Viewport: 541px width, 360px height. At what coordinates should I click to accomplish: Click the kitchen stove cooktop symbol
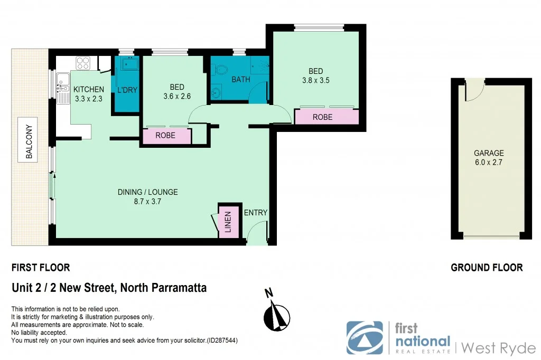[83, 63]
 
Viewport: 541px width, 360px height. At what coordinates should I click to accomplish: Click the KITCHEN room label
[88, 89]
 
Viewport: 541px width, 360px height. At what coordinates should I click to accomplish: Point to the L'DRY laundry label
[127, 90]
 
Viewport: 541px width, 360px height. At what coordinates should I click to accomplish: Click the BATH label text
[240, 80]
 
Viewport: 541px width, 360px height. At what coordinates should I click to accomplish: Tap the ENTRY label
[256, 213]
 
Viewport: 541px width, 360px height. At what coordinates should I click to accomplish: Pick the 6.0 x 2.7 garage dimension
[489, 163]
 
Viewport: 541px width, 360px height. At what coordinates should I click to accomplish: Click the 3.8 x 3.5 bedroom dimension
[315, 81]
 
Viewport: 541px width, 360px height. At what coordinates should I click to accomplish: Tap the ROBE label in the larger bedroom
[323, 117]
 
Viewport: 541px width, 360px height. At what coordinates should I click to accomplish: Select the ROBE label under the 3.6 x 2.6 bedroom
[165, 136]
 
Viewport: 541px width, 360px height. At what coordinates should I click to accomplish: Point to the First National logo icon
[365, 337]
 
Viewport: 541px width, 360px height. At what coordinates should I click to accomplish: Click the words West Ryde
[498, 348]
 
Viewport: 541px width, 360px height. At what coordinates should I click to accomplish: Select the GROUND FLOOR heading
[487, 268]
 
